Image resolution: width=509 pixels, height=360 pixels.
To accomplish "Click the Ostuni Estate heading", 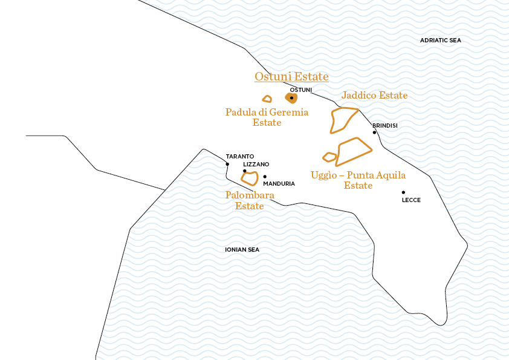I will click(x=291, y=77).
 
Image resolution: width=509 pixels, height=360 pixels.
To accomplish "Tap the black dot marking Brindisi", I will click(x=374, y=132).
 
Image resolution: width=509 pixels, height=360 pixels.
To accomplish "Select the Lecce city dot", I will click(x=403, y=192).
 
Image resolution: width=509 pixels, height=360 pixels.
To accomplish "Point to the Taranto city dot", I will click(x=227, y=164).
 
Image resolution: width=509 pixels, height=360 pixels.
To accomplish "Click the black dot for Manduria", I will click(x=265, y=177).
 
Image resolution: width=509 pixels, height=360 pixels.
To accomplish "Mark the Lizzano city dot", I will click(x=244, y=171).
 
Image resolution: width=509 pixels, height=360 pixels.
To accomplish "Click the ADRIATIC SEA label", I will click(x=440, y=41).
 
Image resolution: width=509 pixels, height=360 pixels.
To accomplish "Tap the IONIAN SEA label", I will click(x=242, y=249).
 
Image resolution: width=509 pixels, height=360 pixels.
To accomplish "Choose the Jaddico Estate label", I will click(x=374, y=96).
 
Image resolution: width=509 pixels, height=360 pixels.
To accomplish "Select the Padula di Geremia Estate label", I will click(x=267, y=117).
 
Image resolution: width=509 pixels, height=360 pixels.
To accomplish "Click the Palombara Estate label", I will click(x=250, y=200).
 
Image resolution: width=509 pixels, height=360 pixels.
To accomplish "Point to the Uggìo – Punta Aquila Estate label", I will click(x=358, y=180).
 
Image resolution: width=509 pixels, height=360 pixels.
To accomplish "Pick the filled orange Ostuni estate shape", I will click(x=291, y=98).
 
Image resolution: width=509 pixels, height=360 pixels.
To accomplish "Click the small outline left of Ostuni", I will click(x=267, y=99).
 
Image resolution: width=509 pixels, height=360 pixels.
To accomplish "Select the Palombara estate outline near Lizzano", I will click(x=250, y=178).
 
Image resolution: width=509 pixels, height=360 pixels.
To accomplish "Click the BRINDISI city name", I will click(x=385, y=125).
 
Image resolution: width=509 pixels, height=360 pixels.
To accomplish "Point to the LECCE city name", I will click(x=411, y=200).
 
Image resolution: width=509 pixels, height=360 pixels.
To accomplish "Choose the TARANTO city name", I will click(x=240, y=156).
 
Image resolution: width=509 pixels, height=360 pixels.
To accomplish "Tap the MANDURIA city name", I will click(x=279, y=183).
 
